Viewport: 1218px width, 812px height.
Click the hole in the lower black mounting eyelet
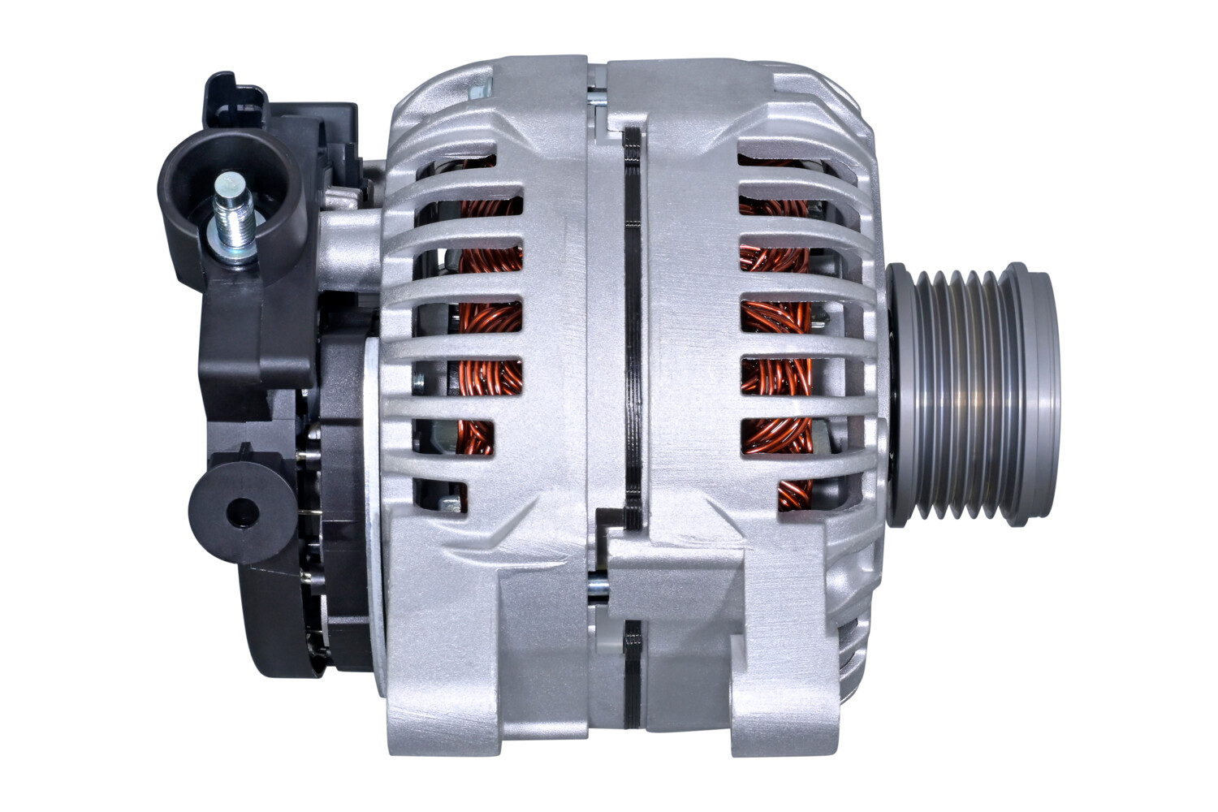coord(241,512)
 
